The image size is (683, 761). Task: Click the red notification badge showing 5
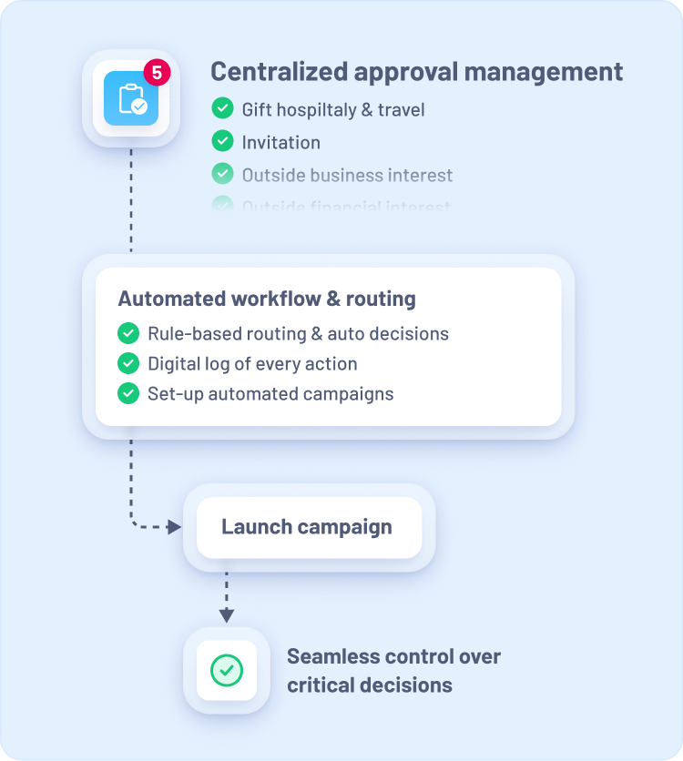157,72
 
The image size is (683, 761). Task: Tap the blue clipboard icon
131,99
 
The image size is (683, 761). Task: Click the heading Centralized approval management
417,72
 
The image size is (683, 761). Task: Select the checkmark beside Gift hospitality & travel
222,109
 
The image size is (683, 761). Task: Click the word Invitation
280,143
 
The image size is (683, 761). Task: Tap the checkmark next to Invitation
222,142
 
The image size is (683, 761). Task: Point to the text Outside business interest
347,175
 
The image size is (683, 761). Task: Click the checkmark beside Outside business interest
222,174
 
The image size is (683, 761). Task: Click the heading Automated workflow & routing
267,299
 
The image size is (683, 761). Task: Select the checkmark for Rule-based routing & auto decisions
128,333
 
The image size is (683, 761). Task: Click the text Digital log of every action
252,364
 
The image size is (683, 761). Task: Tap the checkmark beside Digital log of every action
128,364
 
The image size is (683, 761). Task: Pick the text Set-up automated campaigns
270,394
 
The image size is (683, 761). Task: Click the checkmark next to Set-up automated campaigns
128,394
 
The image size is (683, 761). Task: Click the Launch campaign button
308,527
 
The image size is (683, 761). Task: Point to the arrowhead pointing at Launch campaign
175,527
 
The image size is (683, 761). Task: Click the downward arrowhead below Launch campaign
227,615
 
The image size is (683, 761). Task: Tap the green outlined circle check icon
227,671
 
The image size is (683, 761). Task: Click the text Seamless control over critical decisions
393,671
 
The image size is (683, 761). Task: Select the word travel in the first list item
401,110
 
